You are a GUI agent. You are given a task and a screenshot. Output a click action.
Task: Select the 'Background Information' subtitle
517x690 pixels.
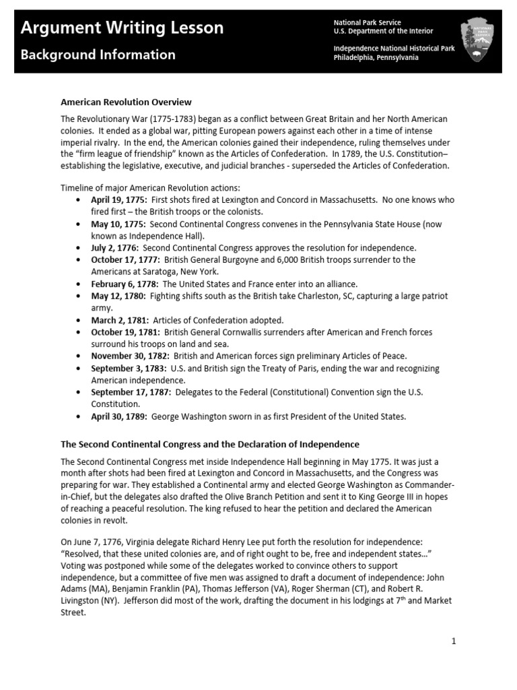[x=98, y=55]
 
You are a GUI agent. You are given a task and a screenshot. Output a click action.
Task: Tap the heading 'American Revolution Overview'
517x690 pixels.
[x=126, y=102]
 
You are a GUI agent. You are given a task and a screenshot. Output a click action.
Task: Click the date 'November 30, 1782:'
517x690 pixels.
[x=130, y=356]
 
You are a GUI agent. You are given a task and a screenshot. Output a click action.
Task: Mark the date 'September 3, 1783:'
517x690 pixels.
[x=129, y=368]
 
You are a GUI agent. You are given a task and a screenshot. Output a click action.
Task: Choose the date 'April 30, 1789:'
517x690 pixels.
[x=119, y=416]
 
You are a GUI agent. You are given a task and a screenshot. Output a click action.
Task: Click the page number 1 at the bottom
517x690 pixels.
[x=454, y=641]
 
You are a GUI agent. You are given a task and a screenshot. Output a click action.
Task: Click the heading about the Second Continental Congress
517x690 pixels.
[x=210, y=444]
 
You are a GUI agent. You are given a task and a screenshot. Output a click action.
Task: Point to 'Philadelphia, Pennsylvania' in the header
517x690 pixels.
[x=376, y=58]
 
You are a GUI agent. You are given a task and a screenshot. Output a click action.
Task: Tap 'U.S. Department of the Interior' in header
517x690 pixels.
[x=383, y=31]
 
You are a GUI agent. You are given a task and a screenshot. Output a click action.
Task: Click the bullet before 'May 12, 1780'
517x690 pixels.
[x=81, y=296]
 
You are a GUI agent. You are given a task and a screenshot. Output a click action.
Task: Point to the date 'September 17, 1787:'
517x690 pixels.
[x=131, y=392]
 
